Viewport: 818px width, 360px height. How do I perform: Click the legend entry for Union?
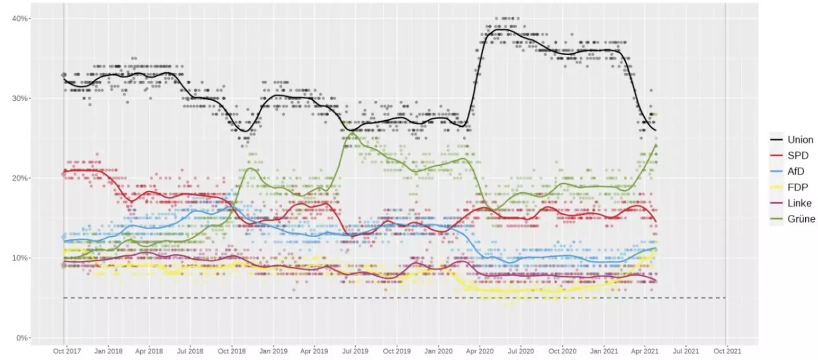coord(800,140)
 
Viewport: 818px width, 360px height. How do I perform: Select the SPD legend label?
coord(798,155)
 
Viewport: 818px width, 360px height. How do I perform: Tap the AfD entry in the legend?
coord(796,171)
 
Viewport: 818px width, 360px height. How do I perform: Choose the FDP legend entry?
coord(797,187)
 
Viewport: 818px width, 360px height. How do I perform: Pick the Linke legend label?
coord(799,203)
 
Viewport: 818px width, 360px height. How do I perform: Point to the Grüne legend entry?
coord(801,219)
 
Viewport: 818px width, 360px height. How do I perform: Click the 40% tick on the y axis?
coord(20,18)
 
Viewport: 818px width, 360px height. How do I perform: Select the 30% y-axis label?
coord(20,98)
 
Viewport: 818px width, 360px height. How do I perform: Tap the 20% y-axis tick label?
coord(20,178)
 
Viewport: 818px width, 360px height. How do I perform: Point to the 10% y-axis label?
coord(20,258)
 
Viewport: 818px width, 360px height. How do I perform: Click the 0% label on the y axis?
coord(22,337)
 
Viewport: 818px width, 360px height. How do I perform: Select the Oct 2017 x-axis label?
coord(67,351)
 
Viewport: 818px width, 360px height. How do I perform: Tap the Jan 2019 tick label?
coord(273,351)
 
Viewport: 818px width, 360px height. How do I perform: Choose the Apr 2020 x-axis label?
coord(480,351)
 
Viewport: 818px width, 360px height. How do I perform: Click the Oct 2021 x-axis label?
coord(727,351)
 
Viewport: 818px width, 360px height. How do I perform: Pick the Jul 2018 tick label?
coord(190,351)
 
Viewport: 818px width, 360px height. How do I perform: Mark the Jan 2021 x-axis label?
coord(604,351)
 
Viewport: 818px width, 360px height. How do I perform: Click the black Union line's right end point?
coord(656,131)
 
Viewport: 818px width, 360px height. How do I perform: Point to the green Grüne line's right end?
coord(656,145)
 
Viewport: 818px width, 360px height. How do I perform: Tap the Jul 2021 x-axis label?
coord(686,351)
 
